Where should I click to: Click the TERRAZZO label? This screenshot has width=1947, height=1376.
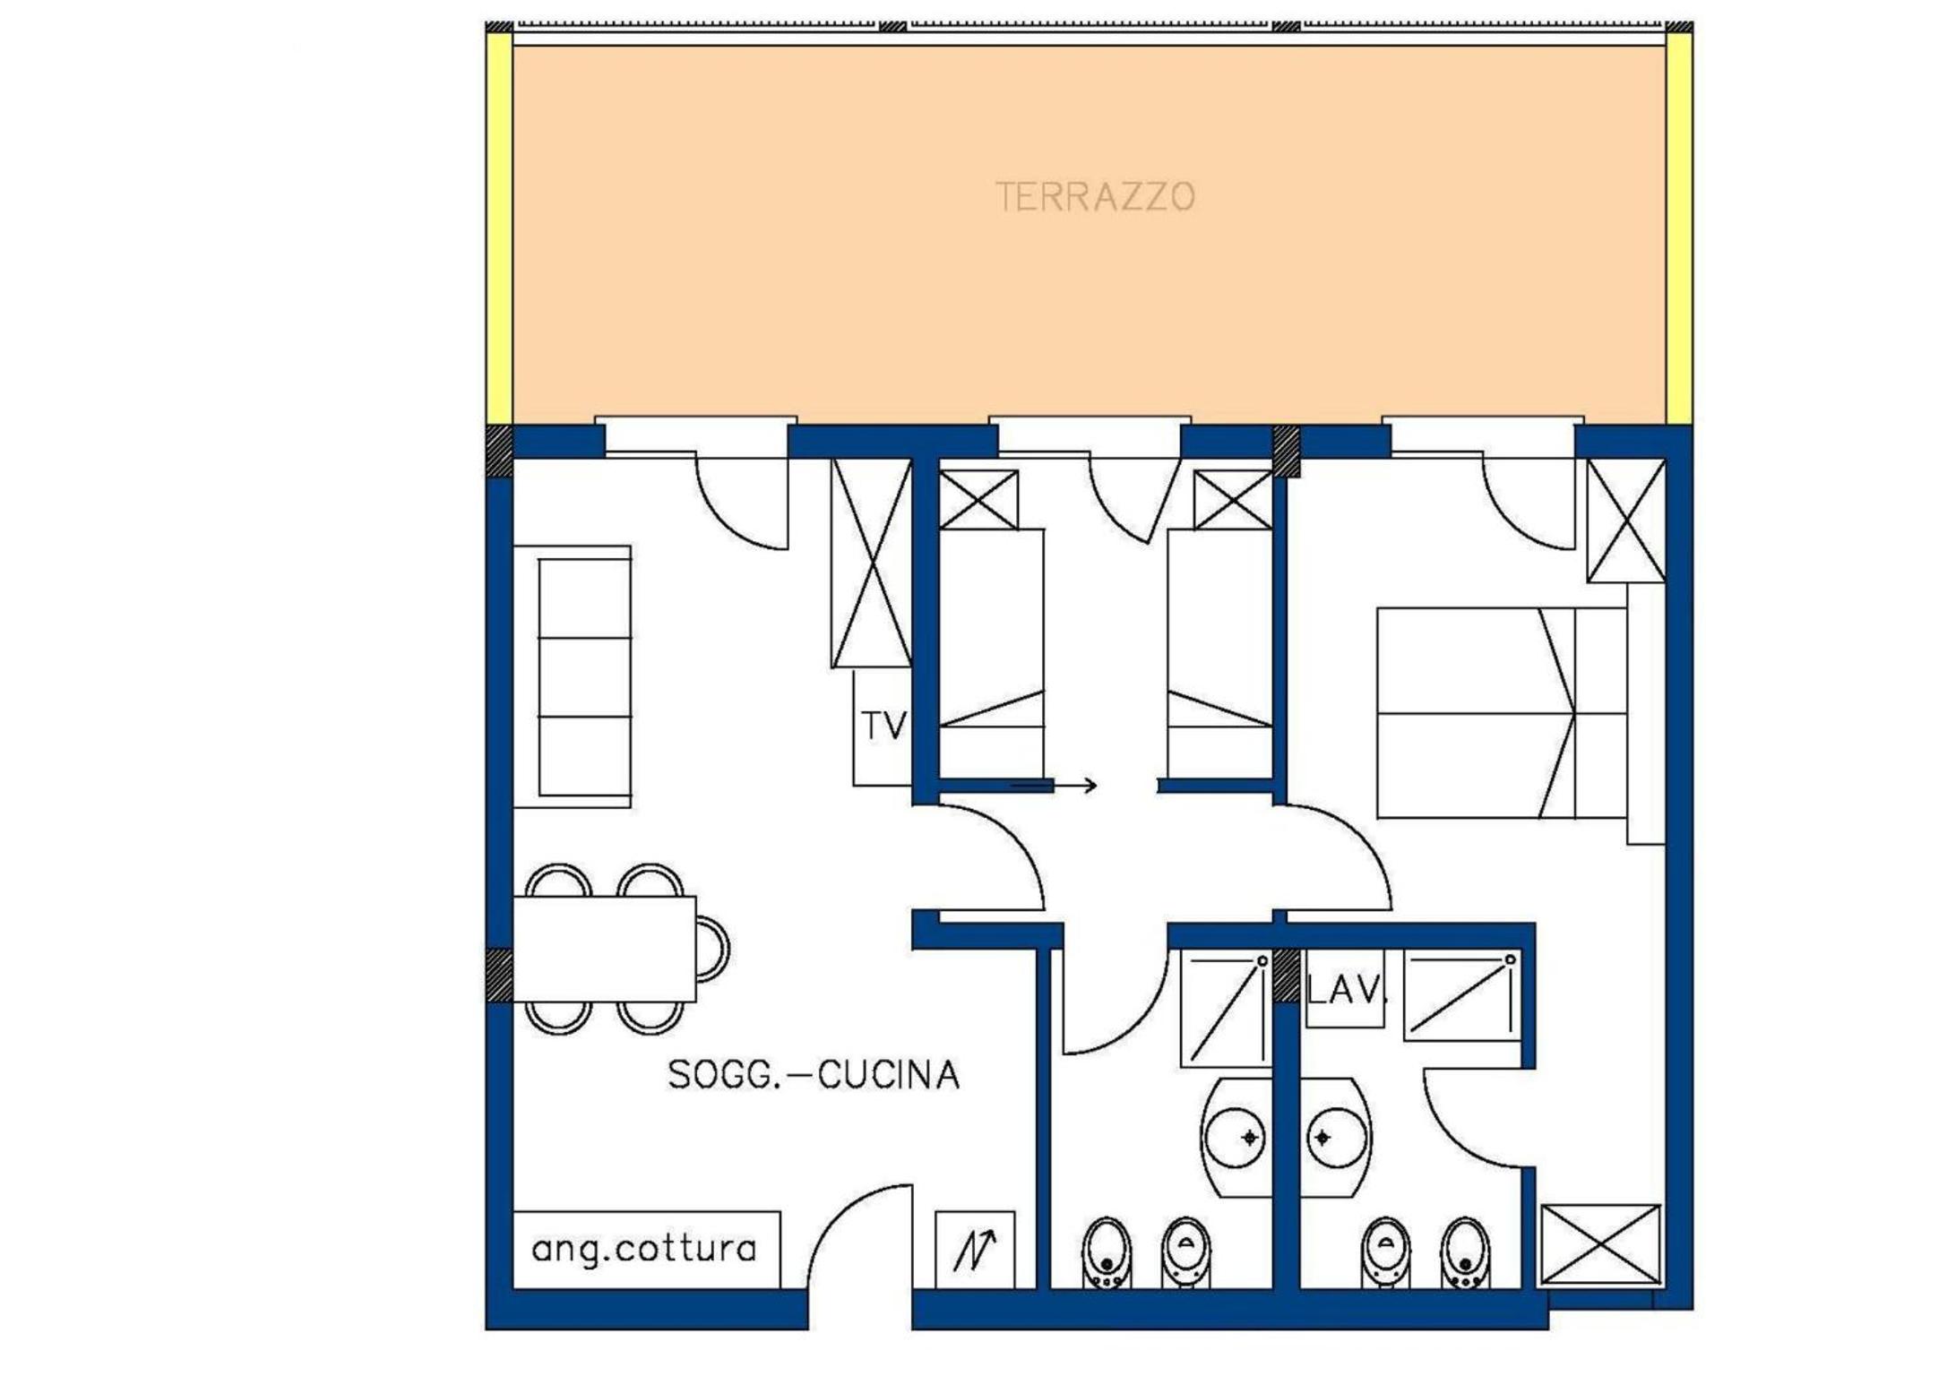1095,197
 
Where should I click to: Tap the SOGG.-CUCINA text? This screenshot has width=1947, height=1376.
814,1075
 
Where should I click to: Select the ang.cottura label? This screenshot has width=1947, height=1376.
644,1249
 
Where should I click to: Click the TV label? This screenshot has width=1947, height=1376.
883,726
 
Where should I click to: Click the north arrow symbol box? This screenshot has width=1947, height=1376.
975,1250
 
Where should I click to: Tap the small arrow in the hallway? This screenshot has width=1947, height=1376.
1054,786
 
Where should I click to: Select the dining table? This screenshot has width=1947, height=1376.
604,949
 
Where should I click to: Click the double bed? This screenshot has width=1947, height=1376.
1502,713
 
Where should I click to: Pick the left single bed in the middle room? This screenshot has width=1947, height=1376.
991,653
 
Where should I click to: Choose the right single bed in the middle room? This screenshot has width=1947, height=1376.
1220,653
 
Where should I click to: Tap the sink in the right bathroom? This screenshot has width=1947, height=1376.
1335,1137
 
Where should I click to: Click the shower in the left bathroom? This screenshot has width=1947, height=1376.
1226,1009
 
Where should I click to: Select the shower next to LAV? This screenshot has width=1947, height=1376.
1462,995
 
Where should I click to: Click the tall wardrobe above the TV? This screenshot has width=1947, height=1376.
871,563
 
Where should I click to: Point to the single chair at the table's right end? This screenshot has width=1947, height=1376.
713,949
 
